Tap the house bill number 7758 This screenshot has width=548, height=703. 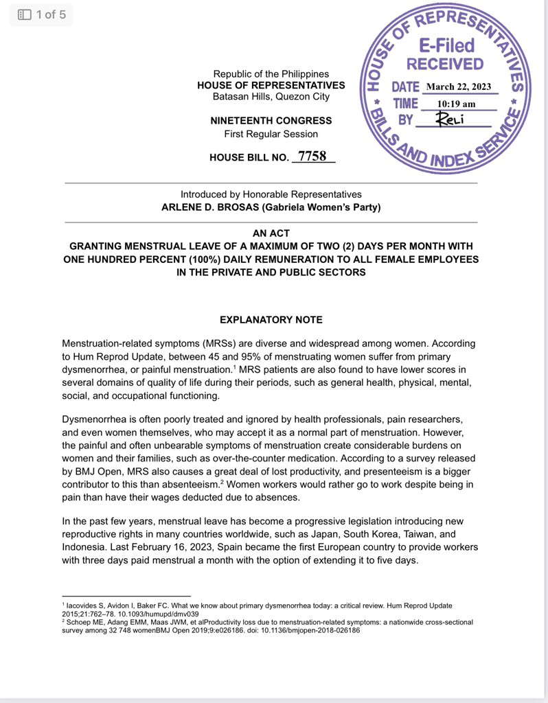[313, 157]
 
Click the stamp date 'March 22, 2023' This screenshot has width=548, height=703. [459, 87]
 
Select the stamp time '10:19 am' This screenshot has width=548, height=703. [456, 104]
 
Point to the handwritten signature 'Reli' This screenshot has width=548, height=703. [451, 120]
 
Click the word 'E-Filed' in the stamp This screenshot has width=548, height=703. [447, 45]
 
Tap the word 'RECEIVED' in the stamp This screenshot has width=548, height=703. [445, 65]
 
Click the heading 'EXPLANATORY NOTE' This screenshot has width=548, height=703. [271, 320]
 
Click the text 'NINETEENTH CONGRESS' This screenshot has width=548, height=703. [271, 121]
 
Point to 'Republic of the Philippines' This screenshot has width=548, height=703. [271, 73]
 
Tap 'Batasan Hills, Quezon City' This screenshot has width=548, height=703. [271, 97]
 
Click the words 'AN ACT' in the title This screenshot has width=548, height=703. [271, 233]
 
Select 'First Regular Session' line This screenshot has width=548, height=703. [271, 133]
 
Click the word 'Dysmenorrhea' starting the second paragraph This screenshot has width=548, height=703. [93, 419]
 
